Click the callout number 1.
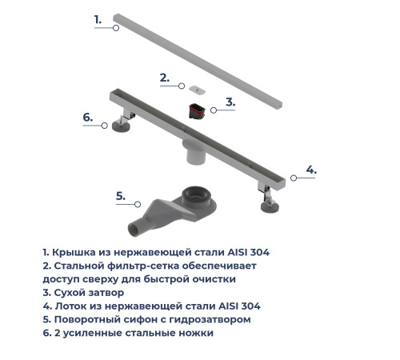tap(98, 18)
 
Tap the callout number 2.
tap(165, 78)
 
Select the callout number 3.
tap(230, 102)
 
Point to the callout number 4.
tap(311, 170)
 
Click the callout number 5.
tap(121, 195)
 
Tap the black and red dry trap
tap(197, 110)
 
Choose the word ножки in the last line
tap(193, 333)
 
